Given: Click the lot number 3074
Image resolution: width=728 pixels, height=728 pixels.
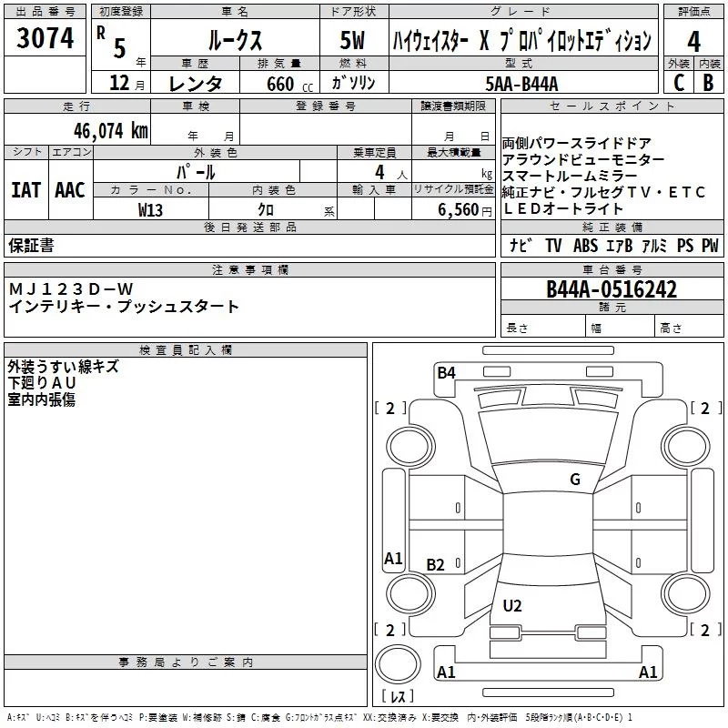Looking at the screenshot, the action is tap(45, 39).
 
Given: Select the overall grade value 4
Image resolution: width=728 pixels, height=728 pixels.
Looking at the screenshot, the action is tap(693, 42).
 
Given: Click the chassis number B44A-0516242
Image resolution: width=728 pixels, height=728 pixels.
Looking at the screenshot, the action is tap(612, 289).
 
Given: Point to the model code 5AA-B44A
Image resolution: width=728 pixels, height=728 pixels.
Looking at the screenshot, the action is tap(521, 83).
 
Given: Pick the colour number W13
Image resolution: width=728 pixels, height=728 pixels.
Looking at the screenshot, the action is tap(150, 209).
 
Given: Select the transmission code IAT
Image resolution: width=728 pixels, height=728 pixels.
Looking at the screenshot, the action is tap(25, 189).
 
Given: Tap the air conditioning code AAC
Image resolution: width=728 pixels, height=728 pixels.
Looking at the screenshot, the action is tap(70, 189).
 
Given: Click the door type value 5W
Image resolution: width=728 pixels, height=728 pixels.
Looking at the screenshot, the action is tap(352, 41).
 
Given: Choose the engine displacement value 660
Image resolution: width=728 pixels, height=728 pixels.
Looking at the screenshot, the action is tap(280, 85).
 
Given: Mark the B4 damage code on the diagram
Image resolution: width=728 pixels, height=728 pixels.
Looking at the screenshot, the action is tap(446, 371).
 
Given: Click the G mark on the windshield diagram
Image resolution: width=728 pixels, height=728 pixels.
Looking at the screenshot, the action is tap(574, 480).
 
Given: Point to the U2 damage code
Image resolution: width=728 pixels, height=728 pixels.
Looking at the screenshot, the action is tap(512, 606).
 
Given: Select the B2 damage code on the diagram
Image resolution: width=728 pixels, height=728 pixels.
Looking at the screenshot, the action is tap(436, 565).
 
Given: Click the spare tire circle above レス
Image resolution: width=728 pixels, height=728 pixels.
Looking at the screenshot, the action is tap(398, 667).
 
